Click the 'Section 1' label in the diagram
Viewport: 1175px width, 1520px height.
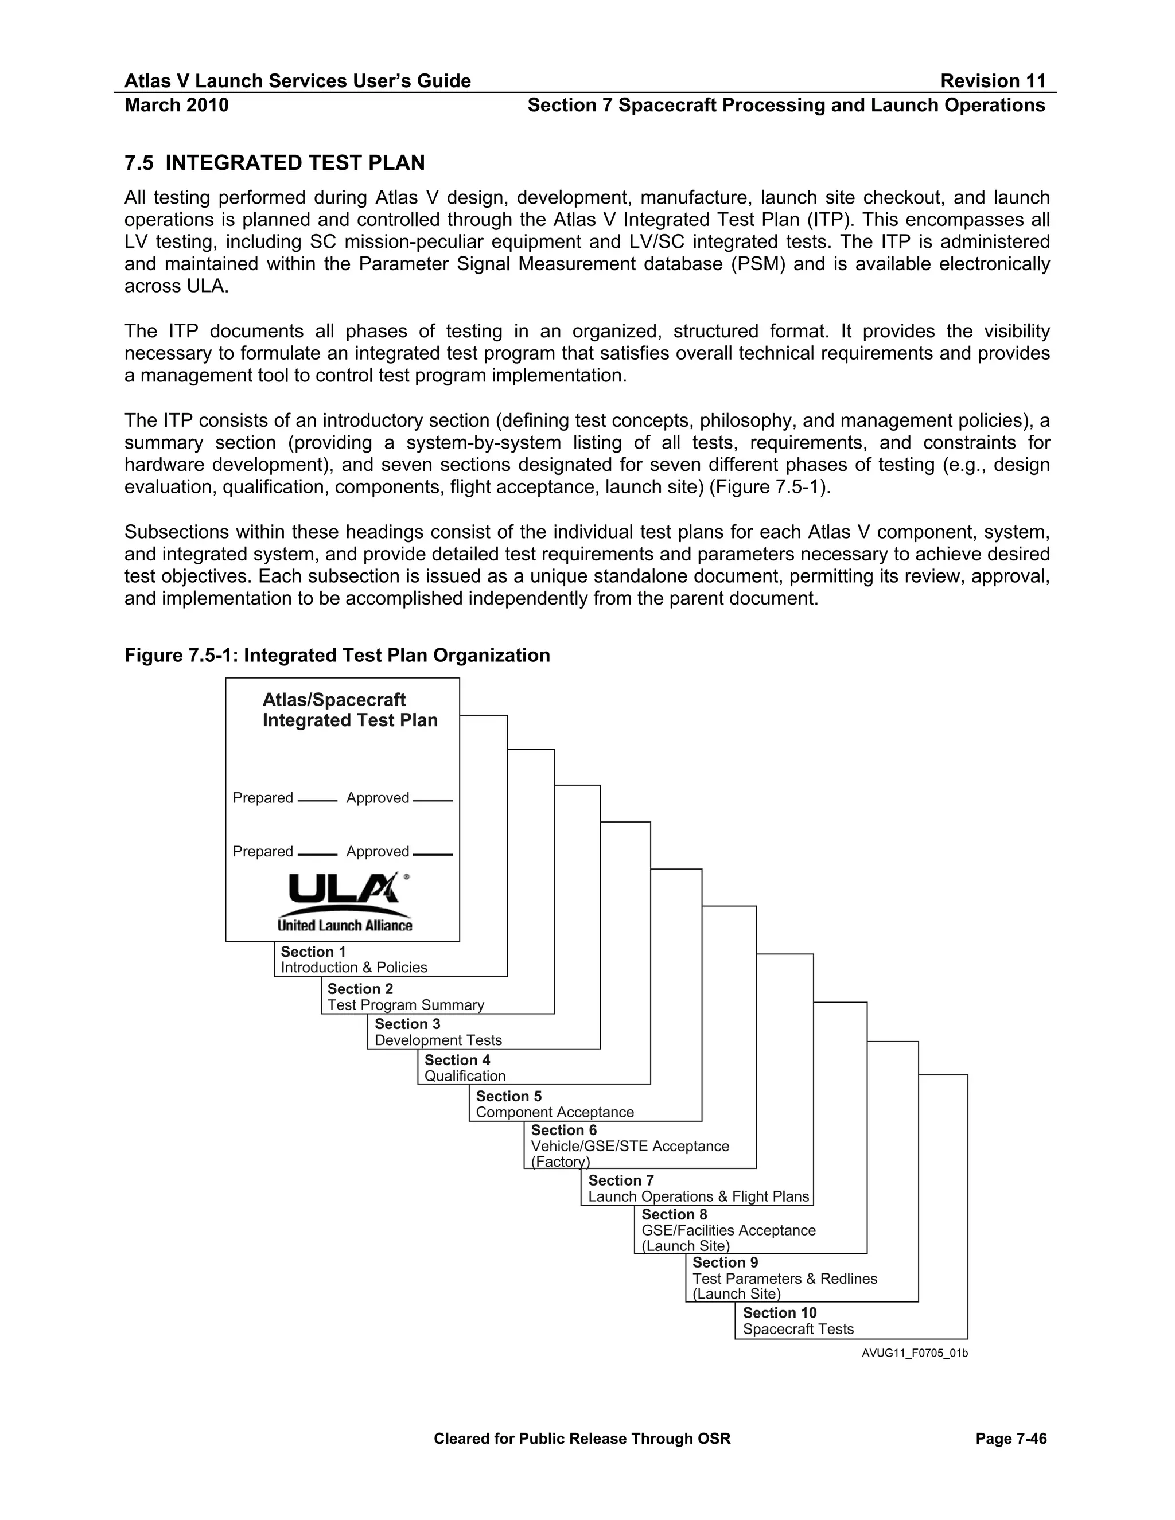click(x=313, y=952)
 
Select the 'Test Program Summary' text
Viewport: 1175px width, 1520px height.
click(x=405, y=1005)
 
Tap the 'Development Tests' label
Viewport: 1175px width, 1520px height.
click(x=438, y=1040)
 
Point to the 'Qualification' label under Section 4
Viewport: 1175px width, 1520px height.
click(x=465, y=1076)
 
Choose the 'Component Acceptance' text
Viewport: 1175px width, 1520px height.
click(x=555, y=1112)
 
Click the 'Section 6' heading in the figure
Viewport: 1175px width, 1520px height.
click(x=564, y=1131)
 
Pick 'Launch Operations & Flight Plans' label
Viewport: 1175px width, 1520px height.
click(x=698, y=1196)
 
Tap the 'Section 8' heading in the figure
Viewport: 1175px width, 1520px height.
click(x=674, y=1214)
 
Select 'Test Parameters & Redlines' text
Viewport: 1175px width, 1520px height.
click(x=784, y=1279)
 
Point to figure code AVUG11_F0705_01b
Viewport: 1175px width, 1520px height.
click(x=914, y=1353)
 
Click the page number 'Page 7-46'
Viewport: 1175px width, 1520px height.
click(x=1011, y=1439)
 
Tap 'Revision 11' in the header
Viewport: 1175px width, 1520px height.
click(x=993, y=81)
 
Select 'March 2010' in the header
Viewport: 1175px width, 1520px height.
click(x=176, y=105)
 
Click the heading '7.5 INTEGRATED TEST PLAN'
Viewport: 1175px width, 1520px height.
click(x=274, y=163)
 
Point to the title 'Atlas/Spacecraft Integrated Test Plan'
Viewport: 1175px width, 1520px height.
click(x=349, y=710)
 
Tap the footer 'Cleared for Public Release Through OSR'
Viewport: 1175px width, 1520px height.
click(x=582, y=1439)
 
